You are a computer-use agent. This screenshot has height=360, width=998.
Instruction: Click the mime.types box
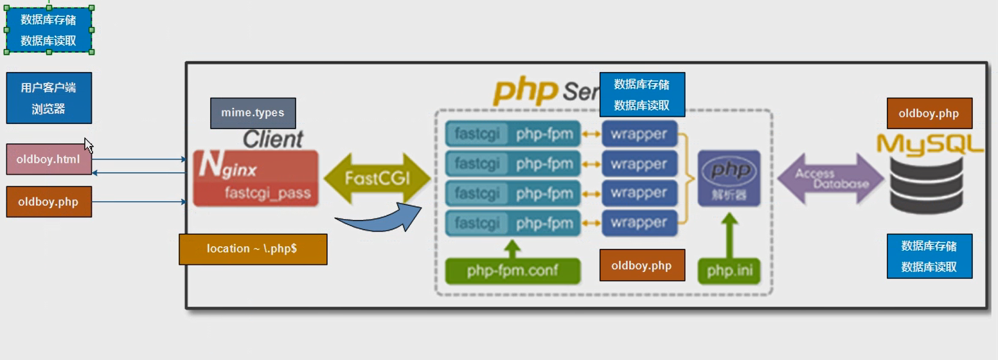[x=253, y=113]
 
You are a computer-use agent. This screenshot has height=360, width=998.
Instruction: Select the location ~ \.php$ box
[x=253, y=249]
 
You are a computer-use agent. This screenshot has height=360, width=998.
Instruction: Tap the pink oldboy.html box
[x=49, y=159]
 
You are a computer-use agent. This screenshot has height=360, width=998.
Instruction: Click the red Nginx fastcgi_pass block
[x=256, y=178]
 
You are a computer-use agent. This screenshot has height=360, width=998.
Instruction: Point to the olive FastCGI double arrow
[x=377, y=178]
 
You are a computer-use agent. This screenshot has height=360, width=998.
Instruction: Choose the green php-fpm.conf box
[x=513, y=271]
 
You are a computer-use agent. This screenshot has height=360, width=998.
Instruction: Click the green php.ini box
[x=729, y=271]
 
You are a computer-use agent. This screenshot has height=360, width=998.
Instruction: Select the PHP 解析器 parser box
[x=729, y=178]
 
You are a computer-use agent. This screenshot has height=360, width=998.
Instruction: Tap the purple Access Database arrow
[x=830, y=179]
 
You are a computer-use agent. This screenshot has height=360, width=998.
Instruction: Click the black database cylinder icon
[x=927, y=186]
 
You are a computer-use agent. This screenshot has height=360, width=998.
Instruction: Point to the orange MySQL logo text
[x=930, y=143]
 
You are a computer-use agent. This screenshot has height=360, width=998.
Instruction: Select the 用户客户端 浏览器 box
[x=49, y=98]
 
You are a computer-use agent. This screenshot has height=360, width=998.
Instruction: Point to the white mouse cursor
[x=88, y=145]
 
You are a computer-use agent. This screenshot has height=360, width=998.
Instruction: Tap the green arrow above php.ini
[x=729, y=235]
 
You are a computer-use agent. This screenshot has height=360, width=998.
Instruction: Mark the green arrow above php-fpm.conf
[x=512, y=248]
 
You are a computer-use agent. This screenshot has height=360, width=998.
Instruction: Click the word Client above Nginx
[x=272, y=139]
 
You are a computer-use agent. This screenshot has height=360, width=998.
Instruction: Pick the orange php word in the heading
[x=525, y=92]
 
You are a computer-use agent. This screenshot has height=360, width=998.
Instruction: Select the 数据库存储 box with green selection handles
[x=49, y=30]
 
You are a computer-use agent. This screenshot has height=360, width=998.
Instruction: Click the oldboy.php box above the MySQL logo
[x=929, y=114]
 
